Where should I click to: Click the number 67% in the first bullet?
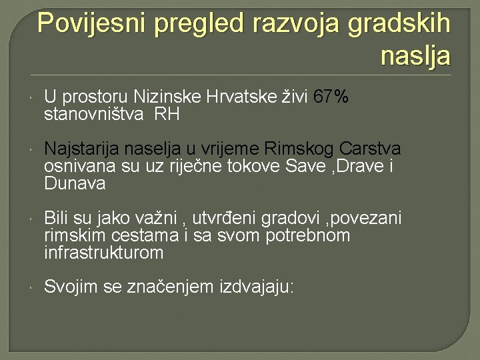coord(331,98)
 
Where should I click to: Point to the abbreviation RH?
coord(167,115)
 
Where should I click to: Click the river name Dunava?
coord(75,183)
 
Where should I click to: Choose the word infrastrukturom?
coord(103,253)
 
